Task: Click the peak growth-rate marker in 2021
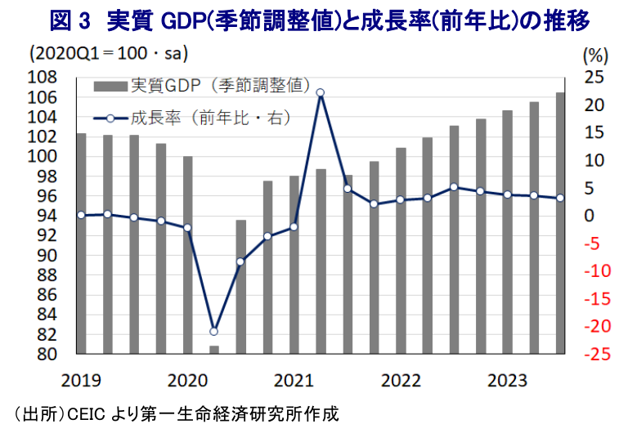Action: (x=321, y=93)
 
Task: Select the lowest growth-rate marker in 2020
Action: (x=214, y=331)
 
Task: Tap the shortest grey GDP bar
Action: (x=214, y=350)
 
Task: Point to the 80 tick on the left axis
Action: (x=46, y=355)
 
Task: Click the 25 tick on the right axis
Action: (x=594, y=78)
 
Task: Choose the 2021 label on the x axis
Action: (x=294, y=380)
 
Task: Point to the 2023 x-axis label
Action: (x=506, y=380)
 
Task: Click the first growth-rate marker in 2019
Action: (x=81, y=215)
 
